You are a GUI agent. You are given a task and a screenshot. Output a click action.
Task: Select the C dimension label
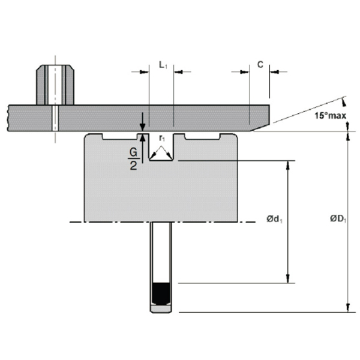259,63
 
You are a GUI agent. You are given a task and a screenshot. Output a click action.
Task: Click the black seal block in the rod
161,293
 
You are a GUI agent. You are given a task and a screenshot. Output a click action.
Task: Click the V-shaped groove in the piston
161,153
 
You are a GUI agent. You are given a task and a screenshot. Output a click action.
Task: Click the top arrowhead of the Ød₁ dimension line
290,165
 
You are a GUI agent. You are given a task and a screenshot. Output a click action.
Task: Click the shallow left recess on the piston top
124,137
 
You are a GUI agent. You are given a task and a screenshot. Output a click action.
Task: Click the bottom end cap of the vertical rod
161,310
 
